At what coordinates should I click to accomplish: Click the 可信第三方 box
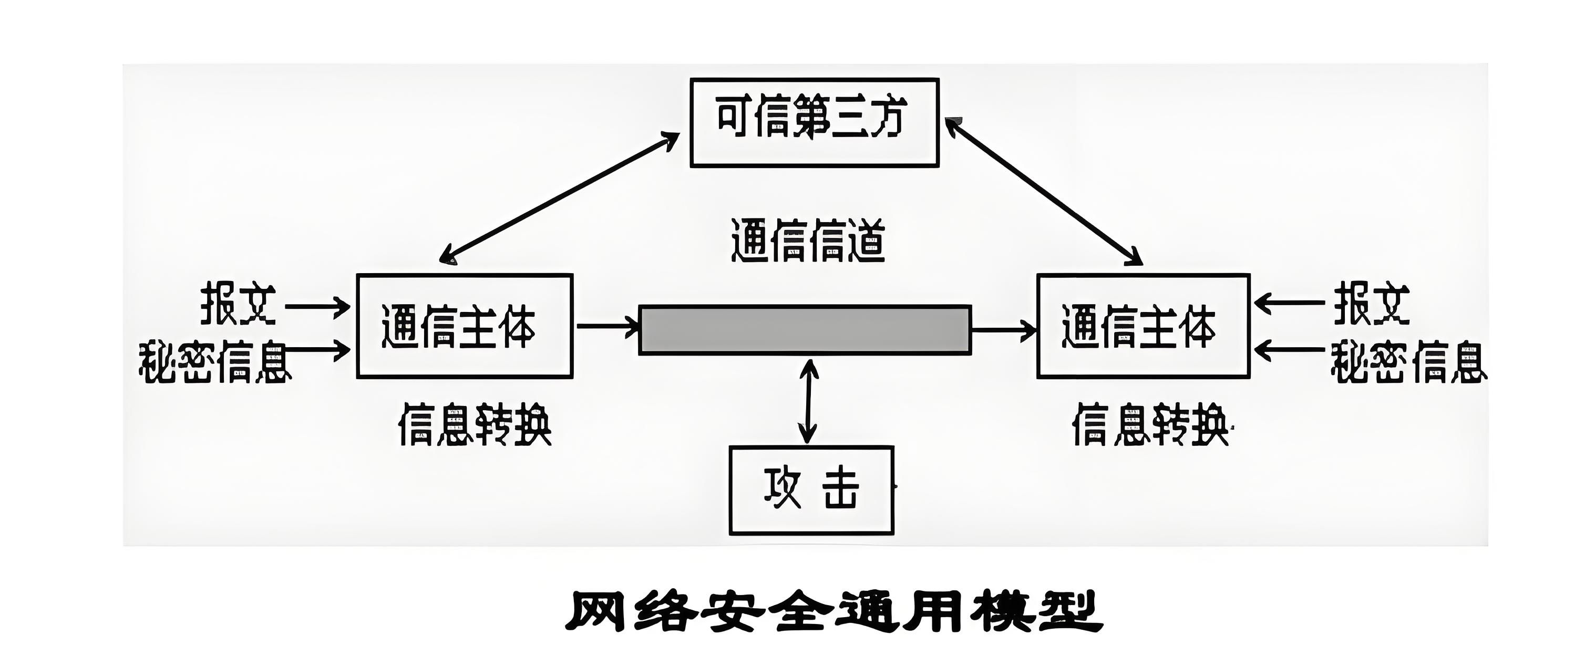[x=814, y=122]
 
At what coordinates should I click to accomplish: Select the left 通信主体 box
[x=465, y=326]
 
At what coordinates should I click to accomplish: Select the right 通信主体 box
[x=1143, y=326]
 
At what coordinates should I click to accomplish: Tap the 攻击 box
[x=811, y=490]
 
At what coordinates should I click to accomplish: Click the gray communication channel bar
[x=805, y=330]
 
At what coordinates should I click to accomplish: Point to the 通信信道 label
[x=807, y=241]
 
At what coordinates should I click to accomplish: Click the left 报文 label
[x=238, y=304]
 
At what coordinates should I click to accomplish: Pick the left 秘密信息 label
[x=214, y=362]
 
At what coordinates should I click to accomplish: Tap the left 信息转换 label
[x=475, y=424]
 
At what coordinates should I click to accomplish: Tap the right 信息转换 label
[x=1149, y=424]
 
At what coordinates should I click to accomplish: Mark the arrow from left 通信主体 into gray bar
[x=606, y=326]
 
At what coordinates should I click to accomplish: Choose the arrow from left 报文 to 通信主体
[x=317, y=306]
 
